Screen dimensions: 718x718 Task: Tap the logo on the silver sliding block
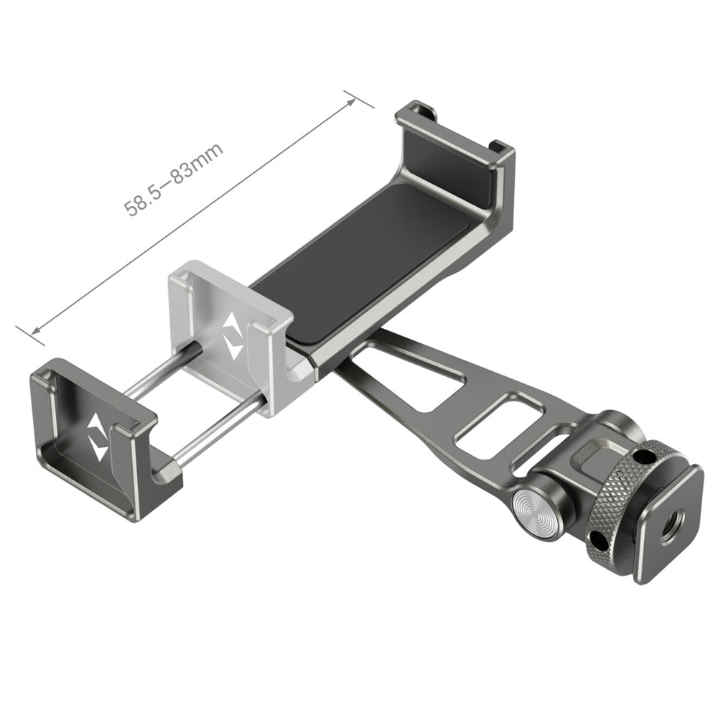tap(233, 336)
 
